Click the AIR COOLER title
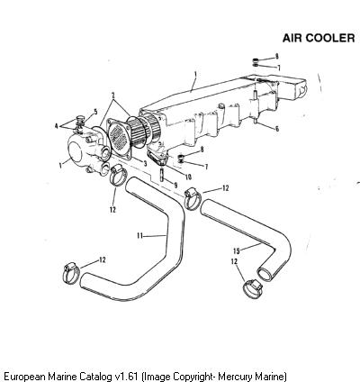coord(319,38)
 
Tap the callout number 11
coord(139,236)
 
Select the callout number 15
coord(237,250)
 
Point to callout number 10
coord(188,177)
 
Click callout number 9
coord(175,186)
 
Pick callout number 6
coord(277,129)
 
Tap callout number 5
coord(95,112)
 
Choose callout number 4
coord(56,126)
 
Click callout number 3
coord(145,164)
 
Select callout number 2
coord(113,95)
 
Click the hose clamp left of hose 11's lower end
coord(71,273)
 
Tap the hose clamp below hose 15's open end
coord(253,288)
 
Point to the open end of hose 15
coord(265,274)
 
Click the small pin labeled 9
coord(162,175)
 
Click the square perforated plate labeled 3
coord(120,139)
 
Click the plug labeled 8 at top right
coord(256,59)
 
